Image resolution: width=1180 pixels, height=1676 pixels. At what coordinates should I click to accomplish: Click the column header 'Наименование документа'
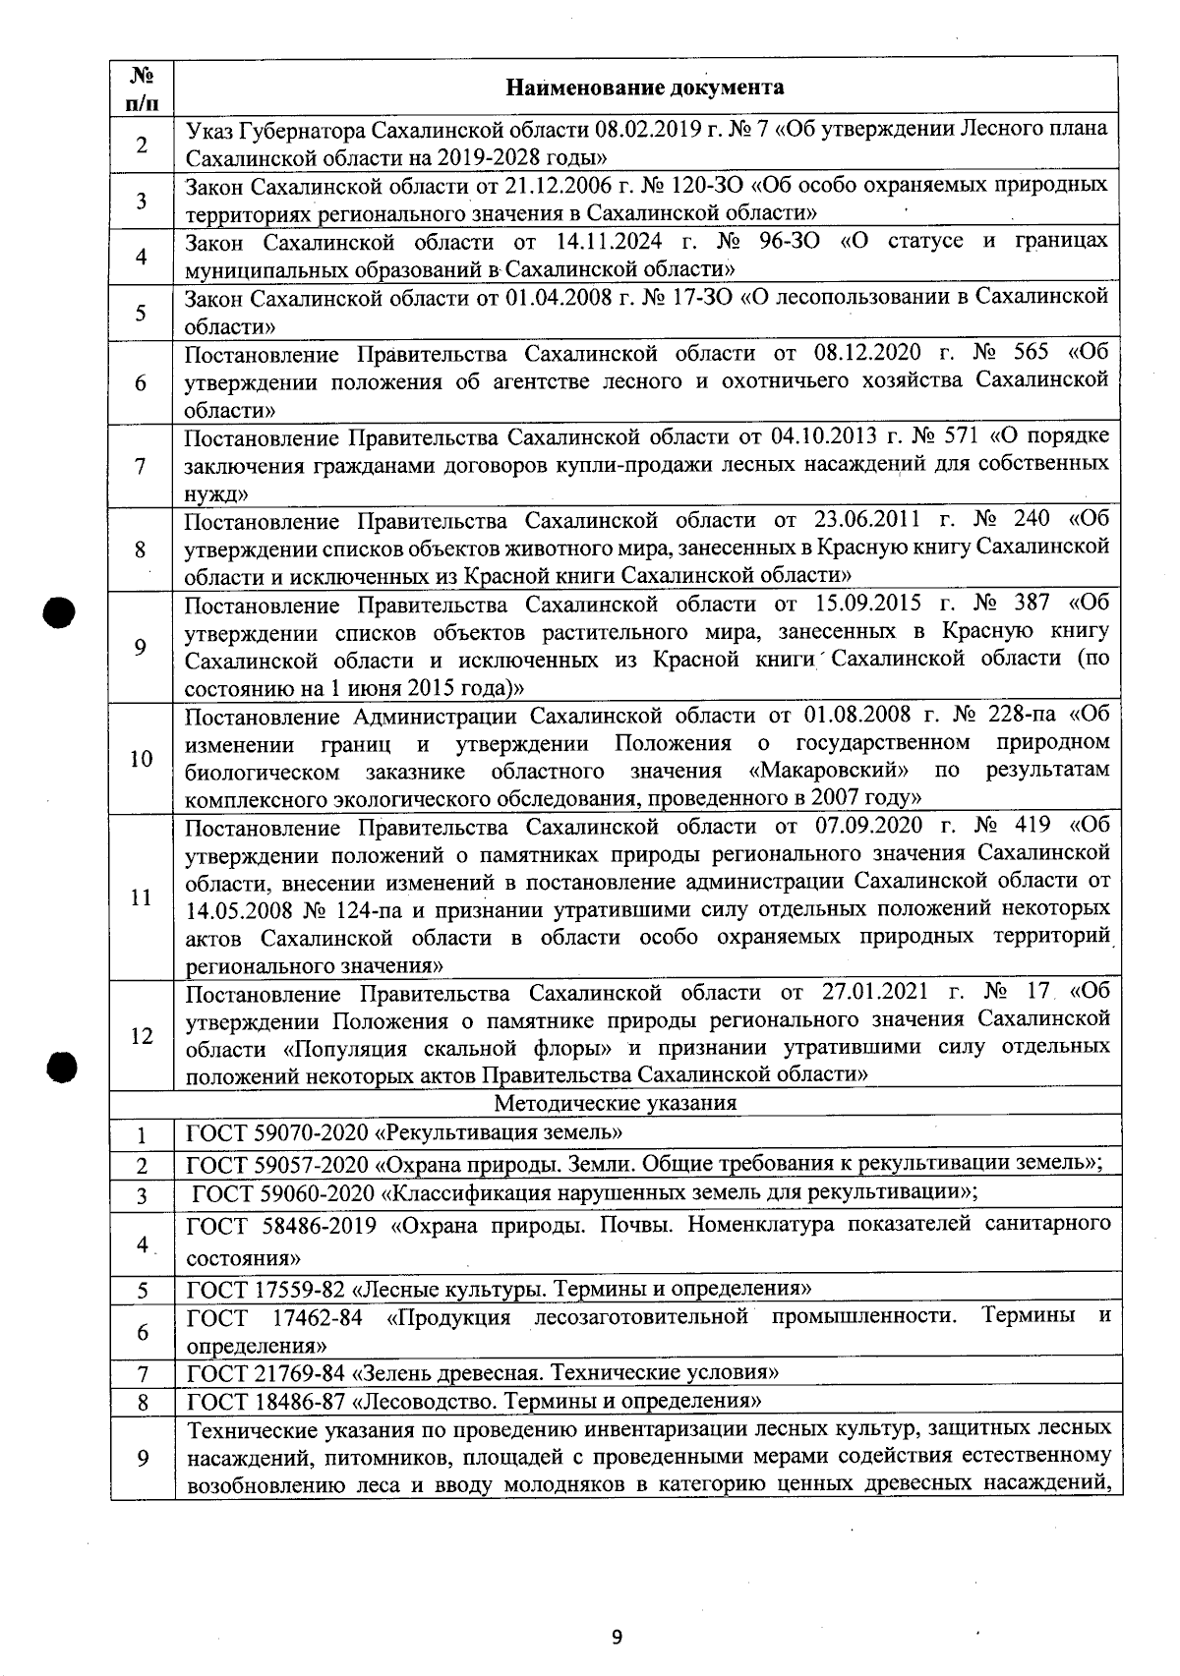[644, 87]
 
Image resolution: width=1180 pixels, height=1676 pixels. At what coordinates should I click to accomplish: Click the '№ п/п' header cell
[142, 87]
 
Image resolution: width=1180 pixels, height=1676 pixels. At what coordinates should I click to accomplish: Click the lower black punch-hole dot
[61, 1067]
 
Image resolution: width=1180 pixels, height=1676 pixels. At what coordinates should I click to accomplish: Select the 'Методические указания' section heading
[615, 1102]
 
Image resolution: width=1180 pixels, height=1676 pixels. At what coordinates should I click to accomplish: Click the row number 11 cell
[142, 897]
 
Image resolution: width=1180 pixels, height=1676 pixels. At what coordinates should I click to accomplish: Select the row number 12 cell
[142, 1035]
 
